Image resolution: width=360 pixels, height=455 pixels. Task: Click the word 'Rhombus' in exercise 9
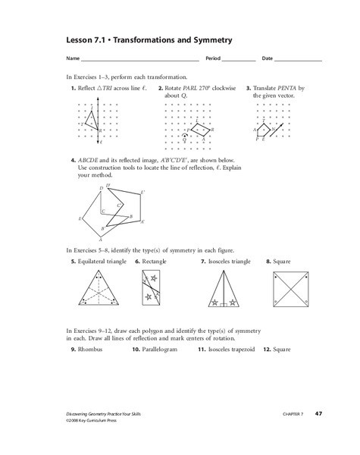coord(91,350)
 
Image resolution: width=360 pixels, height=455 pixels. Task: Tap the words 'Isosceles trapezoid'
coord(231,350)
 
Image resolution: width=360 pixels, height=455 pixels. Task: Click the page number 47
coord(319,412)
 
